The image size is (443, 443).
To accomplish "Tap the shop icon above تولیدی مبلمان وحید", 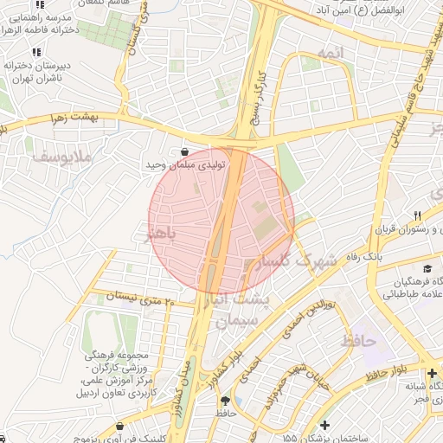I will pyautogui.click(x=186, y=151).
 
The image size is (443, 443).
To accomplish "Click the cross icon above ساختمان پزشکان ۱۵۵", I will pyautogui.click(x=324, y=424).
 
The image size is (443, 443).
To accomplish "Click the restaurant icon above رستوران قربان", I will pyautogui.click(x=416, y=215).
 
